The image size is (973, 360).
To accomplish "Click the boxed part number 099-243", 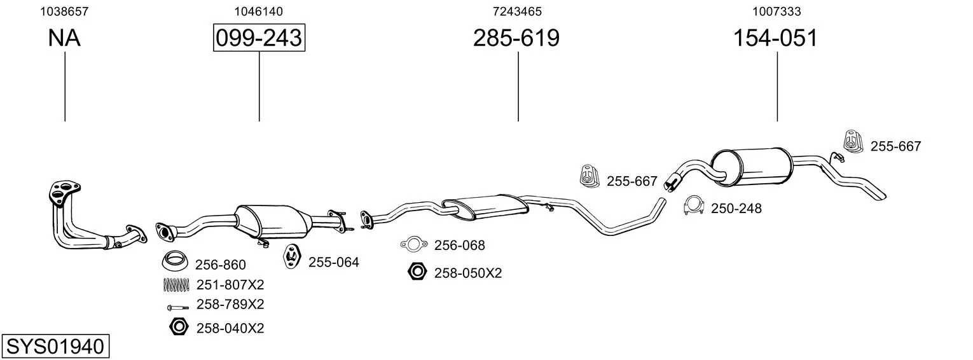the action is [x=259, y=38].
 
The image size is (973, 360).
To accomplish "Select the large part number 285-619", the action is [x=516, y=38].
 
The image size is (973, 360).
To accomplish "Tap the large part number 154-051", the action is [x=775, y=38].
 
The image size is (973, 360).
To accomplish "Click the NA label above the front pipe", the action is [x=64, y=38].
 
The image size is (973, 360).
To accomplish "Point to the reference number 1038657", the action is [x=64, y=11].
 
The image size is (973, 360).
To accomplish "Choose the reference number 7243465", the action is [x=517, y=11].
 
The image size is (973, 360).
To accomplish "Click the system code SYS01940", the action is [x=55, y=347].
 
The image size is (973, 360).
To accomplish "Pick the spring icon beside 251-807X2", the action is [x=176, y=284].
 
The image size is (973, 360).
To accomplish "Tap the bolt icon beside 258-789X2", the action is [x=177, y=307].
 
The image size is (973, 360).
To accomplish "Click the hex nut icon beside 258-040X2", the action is [x=179, y=326].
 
